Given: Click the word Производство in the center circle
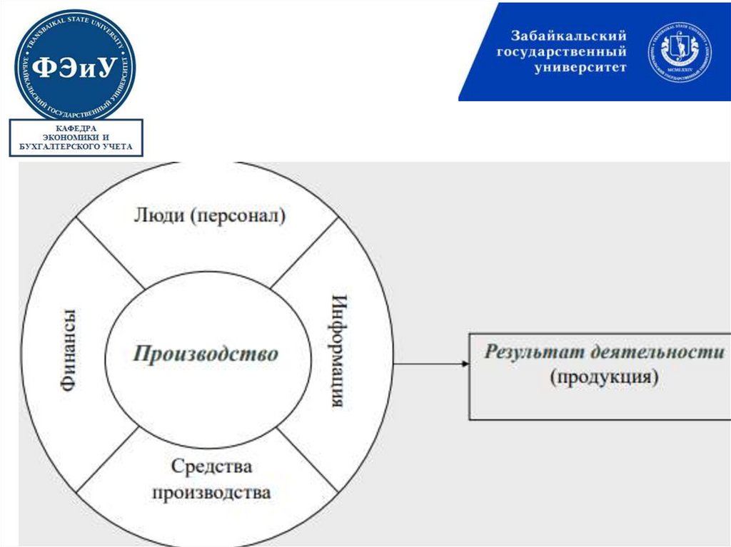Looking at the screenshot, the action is point(206,354).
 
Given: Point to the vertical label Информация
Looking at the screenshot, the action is point(338,350).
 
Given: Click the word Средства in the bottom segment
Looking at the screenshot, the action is point(211,467).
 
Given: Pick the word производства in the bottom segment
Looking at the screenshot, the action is point(211,492).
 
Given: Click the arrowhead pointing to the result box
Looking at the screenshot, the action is point(465,364).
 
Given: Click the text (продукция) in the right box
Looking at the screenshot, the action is point(604,377).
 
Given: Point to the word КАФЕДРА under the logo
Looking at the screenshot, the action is point(76,128).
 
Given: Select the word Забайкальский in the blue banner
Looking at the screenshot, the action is point(568,36).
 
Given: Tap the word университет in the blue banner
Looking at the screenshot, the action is point(580,68).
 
